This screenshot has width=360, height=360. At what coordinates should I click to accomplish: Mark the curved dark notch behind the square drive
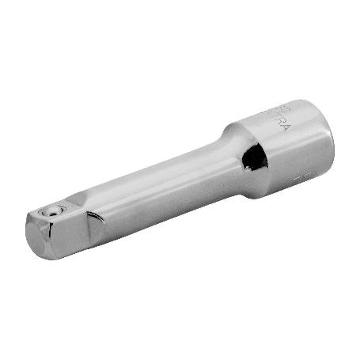click(x=94, y=216)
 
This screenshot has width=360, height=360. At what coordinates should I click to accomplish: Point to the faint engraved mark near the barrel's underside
click(x=300, y=181)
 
